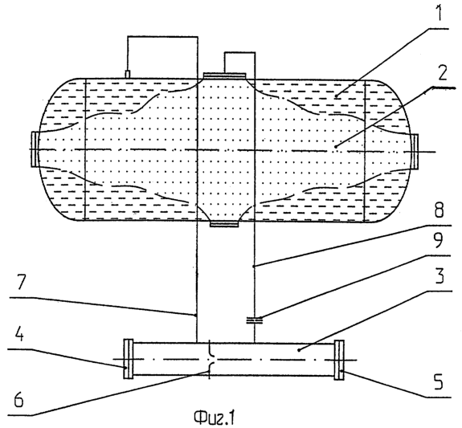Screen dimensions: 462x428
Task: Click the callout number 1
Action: [x=439, y=13]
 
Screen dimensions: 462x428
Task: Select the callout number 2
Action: [x=441, y=73]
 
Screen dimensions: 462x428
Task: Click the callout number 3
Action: [x=439, y=275]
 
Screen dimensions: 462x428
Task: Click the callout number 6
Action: [x=18, y=400]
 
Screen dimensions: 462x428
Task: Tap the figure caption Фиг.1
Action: [x=215, y=418]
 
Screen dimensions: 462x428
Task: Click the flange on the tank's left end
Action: [x=35, y=149]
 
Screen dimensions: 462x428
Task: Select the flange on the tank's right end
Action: [x=415, y=151]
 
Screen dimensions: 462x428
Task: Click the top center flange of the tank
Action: [x=224, y=75]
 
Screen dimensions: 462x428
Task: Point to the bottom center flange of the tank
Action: [x=224, y=224]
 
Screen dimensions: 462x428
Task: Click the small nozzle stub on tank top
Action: [x=128, y=74]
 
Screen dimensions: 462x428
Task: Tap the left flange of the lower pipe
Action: [x=129, y=358]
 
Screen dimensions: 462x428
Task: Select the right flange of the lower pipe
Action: [x=339, y=360]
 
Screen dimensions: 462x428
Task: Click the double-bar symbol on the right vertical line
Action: [x=254, y=320]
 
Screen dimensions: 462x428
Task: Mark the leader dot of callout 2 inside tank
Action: [x=336, y=146]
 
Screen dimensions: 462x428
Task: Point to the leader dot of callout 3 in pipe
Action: [x=298, y=350]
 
